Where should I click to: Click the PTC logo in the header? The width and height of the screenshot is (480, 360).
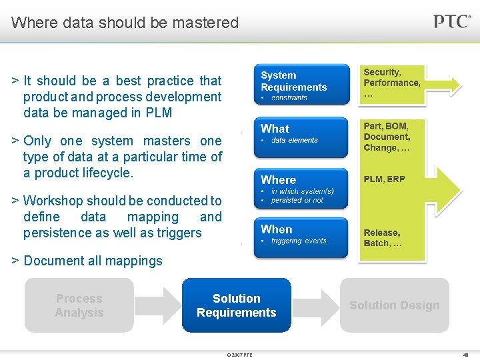coord(452,21)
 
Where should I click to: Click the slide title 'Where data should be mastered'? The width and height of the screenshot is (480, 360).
coord(125,23)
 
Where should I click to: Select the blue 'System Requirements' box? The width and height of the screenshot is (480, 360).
coord(301,84)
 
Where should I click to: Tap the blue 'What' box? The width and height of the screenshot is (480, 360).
coord(301,137)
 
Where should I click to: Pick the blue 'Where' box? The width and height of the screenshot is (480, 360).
coord(301,188)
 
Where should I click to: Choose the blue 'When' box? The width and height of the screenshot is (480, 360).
coord(301,237)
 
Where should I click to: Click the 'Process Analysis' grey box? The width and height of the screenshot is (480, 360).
coord(79,305)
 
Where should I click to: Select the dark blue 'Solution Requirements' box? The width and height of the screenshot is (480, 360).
coord(236,305)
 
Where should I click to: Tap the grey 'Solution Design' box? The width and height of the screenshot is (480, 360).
coord(395,305)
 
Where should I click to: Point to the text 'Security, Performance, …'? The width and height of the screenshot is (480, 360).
coord(392,83)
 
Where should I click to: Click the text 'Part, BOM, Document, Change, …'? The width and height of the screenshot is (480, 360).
coord(387,137)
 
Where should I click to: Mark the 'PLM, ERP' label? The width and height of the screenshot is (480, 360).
coord(384,179)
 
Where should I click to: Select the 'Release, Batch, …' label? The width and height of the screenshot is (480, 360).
coord(383,238)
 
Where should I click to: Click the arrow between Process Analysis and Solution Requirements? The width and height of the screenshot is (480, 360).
coord(157,305)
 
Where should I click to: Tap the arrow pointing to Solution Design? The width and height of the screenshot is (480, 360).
coord(315,305)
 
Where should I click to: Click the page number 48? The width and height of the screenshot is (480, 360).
coord(465,355)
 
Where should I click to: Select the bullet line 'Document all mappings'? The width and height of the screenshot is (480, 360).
coord(93,261)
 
